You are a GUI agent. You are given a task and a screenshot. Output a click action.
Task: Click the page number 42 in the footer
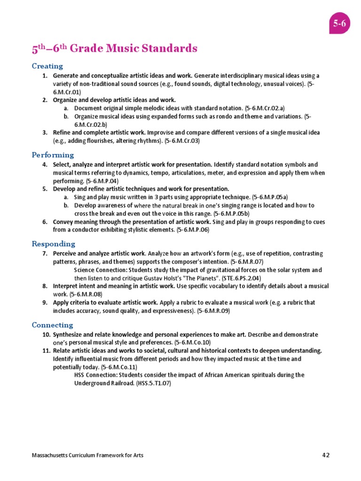pyautogui.click(x=326, y=455)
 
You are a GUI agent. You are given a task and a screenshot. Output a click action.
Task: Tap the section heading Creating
pyautogui.click(x=47, y=66)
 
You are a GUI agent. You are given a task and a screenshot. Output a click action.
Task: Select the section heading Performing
pyautogui.click(x=53, y=155)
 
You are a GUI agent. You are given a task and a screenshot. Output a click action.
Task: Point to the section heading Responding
pyautogui.click(x=53, y=244)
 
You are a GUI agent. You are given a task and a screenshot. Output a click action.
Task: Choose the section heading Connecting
pyautogui.click(x=52, y=325)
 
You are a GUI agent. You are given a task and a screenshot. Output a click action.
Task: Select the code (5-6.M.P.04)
pyautogui.click(x=102, y=181)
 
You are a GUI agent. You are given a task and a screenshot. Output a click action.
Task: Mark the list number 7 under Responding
pyautogui.click(x=45, y=254)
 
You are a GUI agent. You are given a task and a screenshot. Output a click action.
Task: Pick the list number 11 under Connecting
pyautogui.click(x=46, y=351)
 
